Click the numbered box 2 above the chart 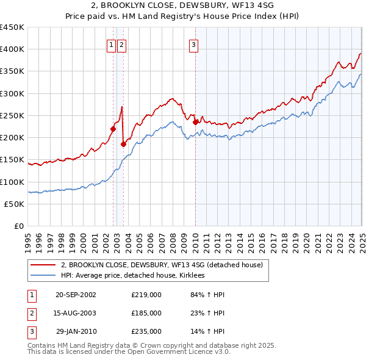[121, 44]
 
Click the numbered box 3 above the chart [193, 44]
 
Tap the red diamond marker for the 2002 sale [113, 129]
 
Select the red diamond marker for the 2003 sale [123, 144]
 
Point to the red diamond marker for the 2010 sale [195, 122]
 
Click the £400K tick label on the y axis [12, 49]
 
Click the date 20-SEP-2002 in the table [76, 295]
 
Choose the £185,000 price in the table [146, 313]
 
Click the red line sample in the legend [41, 265]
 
